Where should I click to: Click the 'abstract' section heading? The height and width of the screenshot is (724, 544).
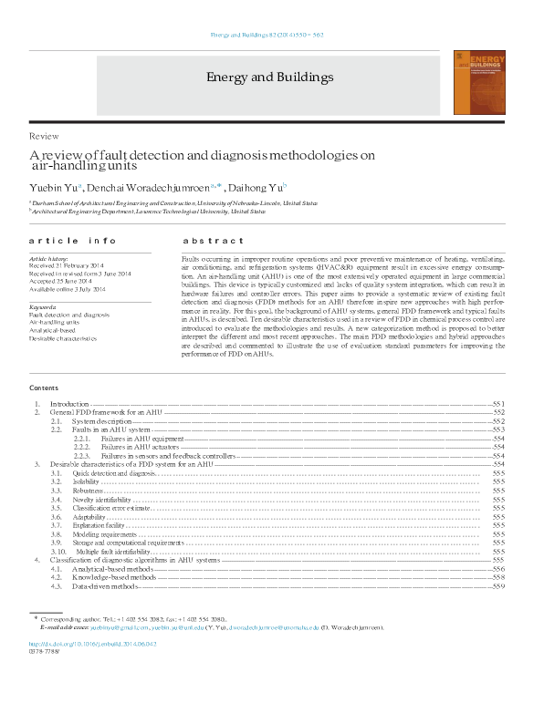214,242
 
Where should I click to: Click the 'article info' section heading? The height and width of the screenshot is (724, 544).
73,242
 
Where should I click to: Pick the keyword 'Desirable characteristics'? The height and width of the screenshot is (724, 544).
63,338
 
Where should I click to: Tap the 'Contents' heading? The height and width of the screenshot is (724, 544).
45,388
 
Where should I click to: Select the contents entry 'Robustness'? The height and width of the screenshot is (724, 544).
89,491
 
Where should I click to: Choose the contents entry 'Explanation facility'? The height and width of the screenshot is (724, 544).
99,525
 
